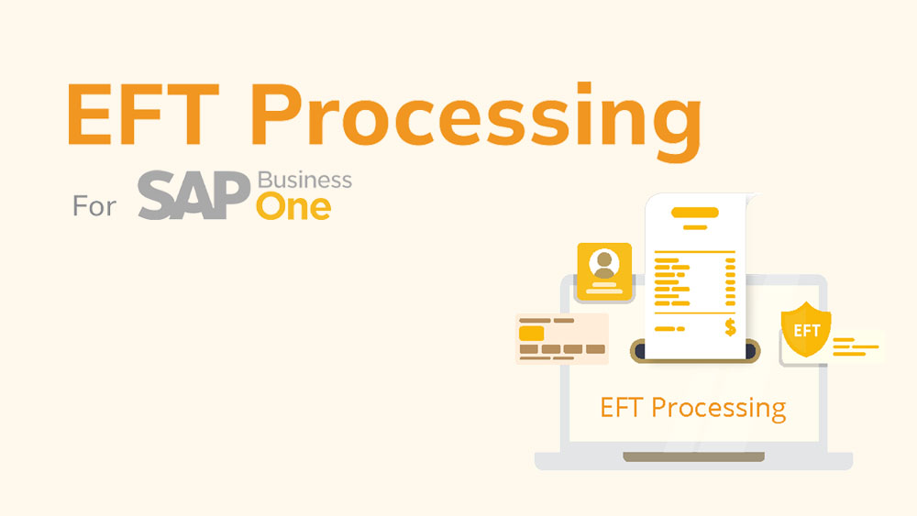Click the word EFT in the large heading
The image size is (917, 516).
pos(143,114)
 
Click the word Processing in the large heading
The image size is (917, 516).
pos(476,121)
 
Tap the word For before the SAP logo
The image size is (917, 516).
pos(94,205)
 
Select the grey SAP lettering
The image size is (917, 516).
pos(193,195)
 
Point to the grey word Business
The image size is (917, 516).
pos(304,180)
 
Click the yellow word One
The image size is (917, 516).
pos(293,207)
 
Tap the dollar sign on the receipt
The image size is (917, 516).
pos(730,328)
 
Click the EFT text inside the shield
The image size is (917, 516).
pos(806,332)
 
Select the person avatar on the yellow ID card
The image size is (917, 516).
pos(604,264)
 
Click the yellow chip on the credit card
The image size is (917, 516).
pos(531,334)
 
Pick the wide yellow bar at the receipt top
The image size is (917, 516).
pos(695,212)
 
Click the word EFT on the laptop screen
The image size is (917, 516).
pos(622,407)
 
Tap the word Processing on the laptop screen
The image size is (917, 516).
pos(719,409)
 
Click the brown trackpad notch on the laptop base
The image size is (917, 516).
pos(693,456)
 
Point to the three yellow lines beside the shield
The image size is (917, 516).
pos(855,346)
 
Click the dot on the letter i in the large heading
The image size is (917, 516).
pos(583,88)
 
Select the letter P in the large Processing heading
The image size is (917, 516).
pos(277,114)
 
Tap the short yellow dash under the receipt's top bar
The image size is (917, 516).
pos(695,227)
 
